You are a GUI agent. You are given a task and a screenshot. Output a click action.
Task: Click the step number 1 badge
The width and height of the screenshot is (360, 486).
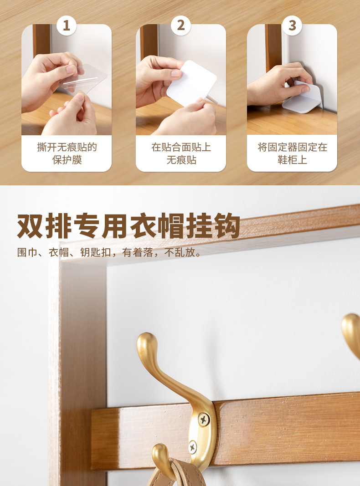tap(67, 26)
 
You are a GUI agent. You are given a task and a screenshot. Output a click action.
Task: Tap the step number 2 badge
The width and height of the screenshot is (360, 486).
tap(181, 26)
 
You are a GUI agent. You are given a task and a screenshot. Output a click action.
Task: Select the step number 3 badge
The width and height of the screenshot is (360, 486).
tap(292, 26)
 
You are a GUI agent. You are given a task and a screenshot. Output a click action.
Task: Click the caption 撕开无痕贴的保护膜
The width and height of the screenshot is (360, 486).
tap(67, 153)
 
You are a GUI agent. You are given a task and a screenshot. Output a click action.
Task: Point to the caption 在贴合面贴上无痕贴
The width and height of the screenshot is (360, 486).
tap(181, 153)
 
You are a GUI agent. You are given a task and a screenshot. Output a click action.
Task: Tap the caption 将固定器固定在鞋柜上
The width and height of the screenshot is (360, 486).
tap(292, 153)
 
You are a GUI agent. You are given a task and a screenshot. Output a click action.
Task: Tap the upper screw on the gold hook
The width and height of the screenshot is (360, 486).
tap(203, 419)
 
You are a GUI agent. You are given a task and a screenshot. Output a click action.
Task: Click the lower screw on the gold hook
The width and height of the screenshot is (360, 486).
tap(193, 447)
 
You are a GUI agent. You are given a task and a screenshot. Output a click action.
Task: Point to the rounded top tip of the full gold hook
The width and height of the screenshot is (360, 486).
tap(146, 338)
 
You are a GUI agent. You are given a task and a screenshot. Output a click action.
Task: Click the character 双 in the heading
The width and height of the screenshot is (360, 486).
tap(30, 225)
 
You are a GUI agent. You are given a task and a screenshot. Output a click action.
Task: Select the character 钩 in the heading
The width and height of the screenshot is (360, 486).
tap(227, 225)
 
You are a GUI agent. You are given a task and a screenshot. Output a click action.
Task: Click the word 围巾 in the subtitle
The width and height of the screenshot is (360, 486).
tap(27, 252)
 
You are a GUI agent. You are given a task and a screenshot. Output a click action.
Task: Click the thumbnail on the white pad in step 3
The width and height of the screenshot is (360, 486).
tap(305, 89)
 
